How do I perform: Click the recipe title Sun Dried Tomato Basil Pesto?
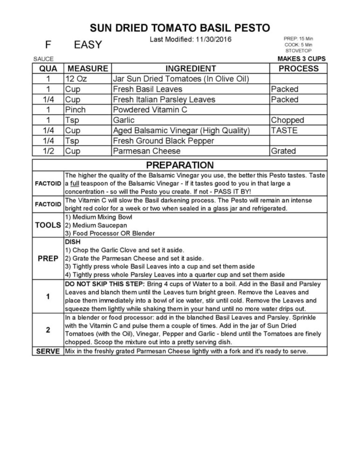pos(180,28)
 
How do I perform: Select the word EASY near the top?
pos(88,45)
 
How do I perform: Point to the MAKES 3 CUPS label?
pos(301,59)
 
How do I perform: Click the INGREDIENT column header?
pos(191,69)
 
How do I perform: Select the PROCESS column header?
pos(298,69)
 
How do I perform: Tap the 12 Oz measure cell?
pos(76,79)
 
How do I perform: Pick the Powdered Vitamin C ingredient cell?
pos(150,110)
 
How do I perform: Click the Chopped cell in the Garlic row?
pos(287,120)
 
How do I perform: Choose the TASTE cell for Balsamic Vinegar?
pos(284,130)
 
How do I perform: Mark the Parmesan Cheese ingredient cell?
pos(147,151)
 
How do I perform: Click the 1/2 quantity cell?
pos(48,151)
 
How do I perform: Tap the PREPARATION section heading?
pos(180,165)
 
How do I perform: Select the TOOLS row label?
pos(48,225)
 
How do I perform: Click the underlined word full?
pos(75,184)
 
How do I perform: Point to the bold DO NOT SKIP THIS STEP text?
pos(105,284)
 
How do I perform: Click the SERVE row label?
pos(48,351)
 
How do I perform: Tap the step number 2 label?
pos(48,330)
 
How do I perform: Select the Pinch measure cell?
pos(76,110)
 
